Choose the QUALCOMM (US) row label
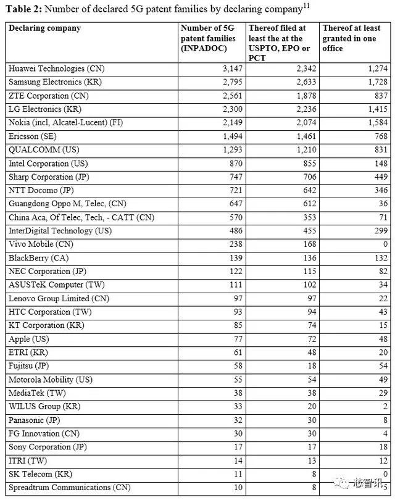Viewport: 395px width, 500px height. click(x=44, y=150)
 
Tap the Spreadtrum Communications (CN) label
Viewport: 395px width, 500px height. click(x=70, y=488)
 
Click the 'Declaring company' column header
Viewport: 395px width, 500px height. click(x=44, y=28)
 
